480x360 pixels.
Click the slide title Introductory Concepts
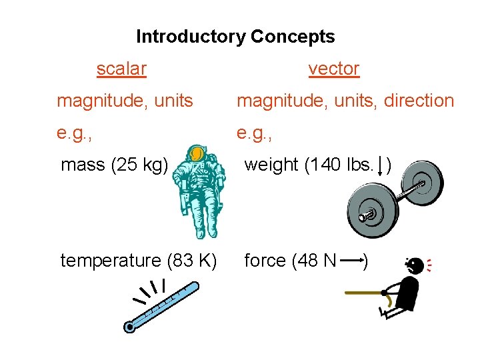[235, 37]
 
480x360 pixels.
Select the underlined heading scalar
[121, 69]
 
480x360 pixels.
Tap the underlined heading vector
[333, 69]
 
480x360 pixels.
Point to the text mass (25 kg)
[114, 164]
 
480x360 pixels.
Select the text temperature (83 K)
[138, 261]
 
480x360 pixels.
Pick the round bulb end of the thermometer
[130, 327]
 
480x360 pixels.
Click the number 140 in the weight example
[325, 164]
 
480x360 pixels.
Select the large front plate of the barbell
[366, 214]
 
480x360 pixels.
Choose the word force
[265, 261]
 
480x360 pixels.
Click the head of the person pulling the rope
[414, 266]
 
